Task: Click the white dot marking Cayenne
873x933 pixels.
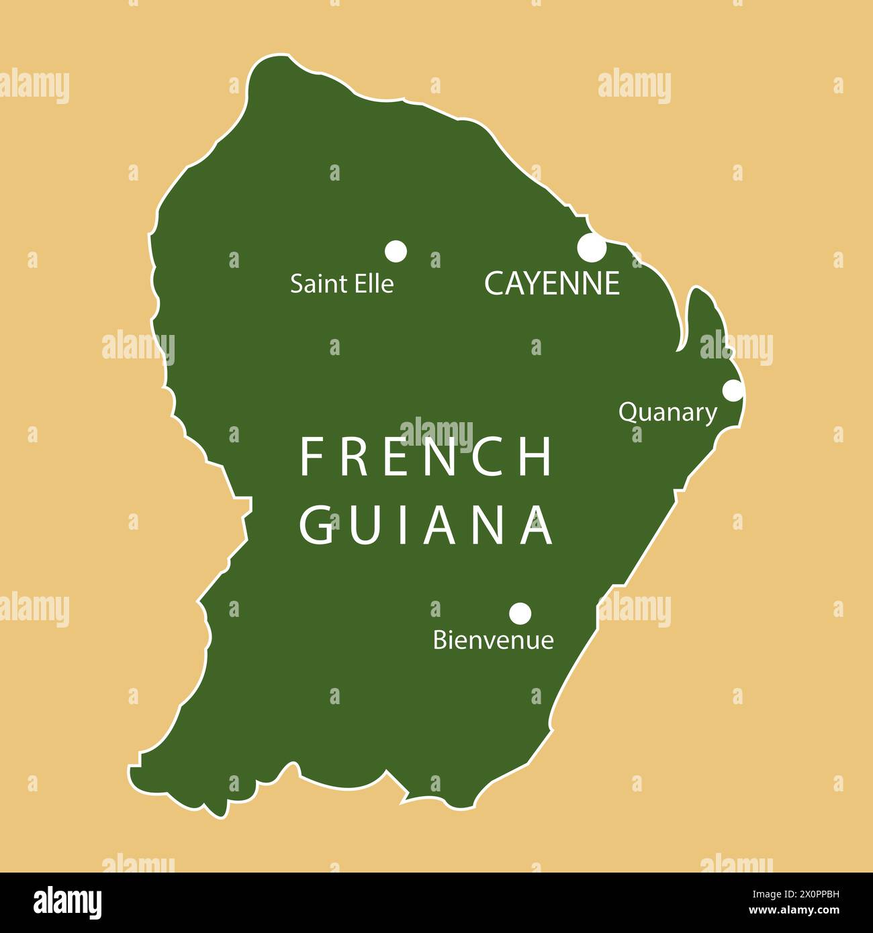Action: pyautogui.click(x=592, y=248)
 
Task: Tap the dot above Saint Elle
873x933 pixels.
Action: pyautogui.click(x=396, y=251)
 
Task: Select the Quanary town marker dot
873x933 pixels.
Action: pyautogui.click(x=733, y=390)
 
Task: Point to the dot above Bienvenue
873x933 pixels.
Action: pyautogui.click(x=520, y=613)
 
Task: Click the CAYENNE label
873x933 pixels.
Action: pyautogui.click(x=551, y=284)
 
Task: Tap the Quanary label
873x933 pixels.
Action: pyautogui.click(x=668, y=413)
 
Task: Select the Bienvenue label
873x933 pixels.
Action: pyautogui.click(x=494, y=640)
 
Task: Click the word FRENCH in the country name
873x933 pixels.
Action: pyautogui.click(x=426, y=457)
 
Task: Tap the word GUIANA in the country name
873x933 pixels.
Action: pyautogui.click(x=426, y=525)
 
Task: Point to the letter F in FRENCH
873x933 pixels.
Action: pyautogui.click(x=310, y=457)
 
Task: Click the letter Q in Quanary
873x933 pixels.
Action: pyautogui.click(x=627, y=412)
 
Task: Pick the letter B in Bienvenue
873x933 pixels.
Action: pyautogui.click(x=441, y=640)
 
